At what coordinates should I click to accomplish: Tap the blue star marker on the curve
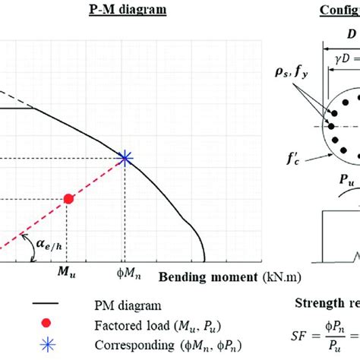tap(125, 158)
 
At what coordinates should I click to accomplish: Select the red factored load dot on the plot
tap(68, 199)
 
